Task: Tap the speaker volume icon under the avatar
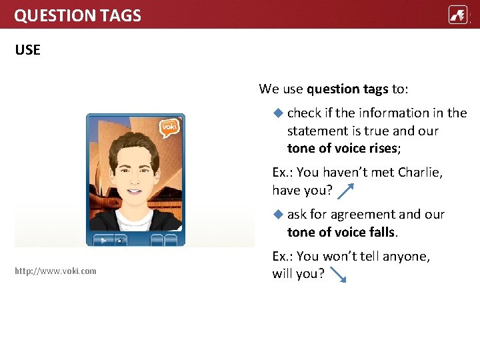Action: (120, 240)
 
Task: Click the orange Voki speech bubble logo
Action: (169, 127)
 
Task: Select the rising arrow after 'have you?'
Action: (346, 191)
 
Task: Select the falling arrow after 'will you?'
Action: (338, 275)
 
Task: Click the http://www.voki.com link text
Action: (55, 271)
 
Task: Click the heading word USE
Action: (27, 50)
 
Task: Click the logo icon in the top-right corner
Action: (458, 15)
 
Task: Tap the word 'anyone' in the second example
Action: (406, 256)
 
